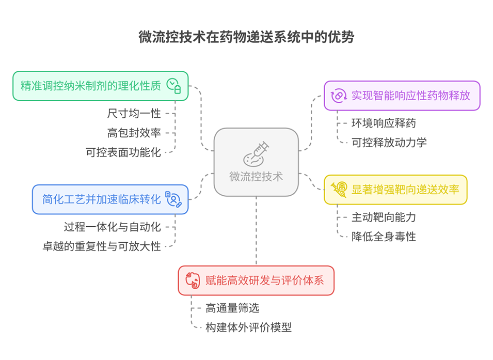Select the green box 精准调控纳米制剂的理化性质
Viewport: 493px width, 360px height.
(100, 86)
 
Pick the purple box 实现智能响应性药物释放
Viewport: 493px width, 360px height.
(402, 96)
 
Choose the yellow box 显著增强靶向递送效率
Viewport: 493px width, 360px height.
(395, 190)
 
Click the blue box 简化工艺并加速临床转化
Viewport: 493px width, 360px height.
(110, 199)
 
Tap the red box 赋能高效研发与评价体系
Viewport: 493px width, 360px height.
(256, 280)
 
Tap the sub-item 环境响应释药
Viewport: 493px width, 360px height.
(384, 123)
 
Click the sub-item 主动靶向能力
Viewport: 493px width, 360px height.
(384, 217)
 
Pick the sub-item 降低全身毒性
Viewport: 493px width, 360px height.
(384, 237)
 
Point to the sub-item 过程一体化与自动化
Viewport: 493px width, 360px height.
(113, 227)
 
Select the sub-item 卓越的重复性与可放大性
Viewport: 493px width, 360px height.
(102, 246)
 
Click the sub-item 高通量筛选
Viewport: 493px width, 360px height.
(232, 308)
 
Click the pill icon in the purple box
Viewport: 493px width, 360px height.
(339, 96)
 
